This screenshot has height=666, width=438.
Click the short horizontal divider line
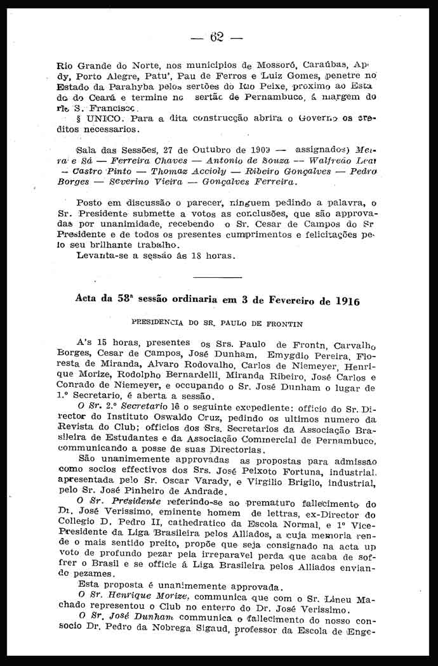pyautogui.click(x=217, y=277)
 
